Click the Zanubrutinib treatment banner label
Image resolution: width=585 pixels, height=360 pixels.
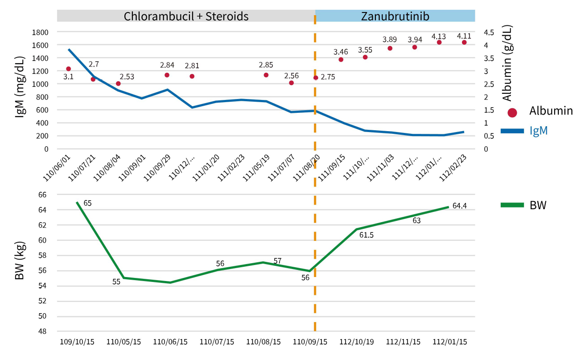point(395,16)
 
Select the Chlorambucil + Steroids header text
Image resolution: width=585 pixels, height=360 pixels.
point(186,16)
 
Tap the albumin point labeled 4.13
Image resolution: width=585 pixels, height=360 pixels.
point(439,42)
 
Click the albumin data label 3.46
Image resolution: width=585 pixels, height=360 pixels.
point(340,52)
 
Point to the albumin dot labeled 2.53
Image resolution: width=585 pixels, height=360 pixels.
point(118,83)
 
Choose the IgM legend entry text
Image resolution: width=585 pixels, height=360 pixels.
point(538,131)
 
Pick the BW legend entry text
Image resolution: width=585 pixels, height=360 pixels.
point(538,205)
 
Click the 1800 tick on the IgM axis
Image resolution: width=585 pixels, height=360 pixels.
point(41,32)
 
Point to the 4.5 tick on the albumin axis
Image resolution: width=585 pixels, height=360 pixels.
point(489,32)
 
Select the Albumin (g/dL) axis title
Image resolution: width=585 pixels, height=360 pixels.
point(507,63)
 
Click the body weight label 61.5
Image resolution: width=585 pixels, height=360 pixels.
point(366,235)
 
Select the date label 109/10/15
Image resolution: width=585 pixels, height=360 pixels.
point(77,342)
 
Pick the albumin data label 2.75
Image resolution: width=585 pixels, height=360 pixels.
point(327,77)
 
